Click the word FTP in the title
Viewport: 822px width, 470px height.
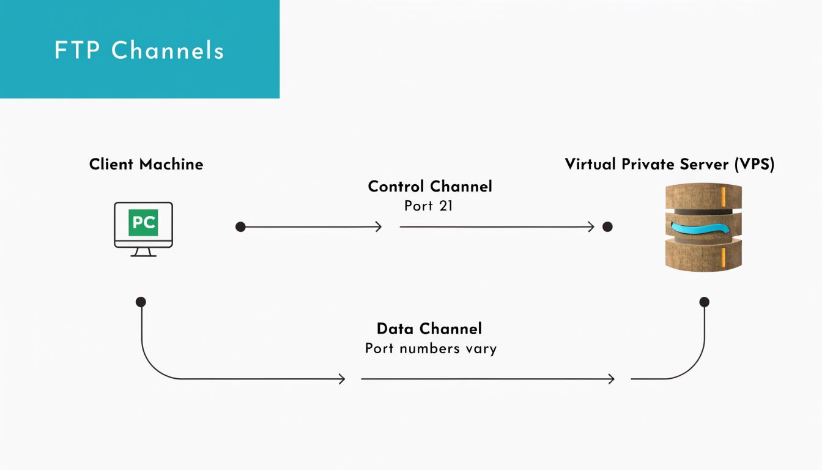pyautogui.click(x=76, y=50)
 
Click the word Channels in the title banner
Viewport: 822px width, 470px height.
pyautogui.click(x=168, y=50)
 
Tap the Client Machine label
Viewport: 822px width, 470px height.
pyautogui.click(x=146, y=164)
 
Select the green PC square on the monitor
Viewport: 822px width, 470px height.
pyautogui.click(x=143, y=223)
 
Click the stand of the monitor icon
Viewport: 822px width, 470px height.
pyautogui.click(x=143, y=252)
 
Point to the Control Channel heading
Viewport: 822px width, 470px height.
pyautogui.click(x=429, y=186)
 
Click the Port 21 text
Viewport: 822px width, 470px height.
pyautogui.click(x=428, y=206)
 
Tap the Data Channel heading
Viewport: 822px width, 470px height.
pyautogui.click(x=429, y=329)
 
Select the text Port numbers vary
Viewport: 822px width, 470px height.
pyautogui.click(x=431, y=349)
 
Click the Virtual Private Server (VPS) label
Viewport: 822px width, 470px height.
pyautogui.click(x=669, y=164)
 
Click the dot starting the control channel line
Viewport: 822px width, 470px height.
pyautogui.click(x=240, y=227)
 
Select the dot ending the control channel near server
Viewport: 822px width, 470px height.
pyautogui.click(x=607, y=227)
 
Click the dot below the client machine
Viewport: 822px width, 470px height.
pyautogui.click(x=141, y=302)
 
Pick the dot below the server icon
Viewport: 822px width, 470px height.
pyautogui.click(x=704, y=302)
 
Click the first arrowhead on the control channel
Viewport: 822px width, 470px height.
pyautogui.click(x=379, y=227)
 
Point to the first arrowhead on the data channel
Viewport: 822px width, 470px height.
pyautogui.click(x=342, y=379)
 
